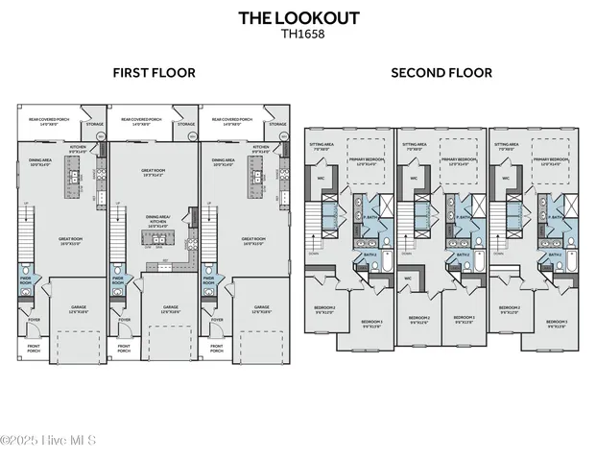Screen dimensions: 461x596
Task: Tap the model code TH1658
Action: click(x=298, y=33)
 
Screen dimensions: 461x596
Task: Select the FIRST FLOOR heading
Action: click(x=154, y=72)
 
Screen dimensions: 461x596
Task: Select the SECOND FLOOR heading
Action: click(x=441, y=72)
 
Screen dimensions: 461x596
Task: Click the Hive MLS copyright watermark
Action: click(x=47, y=440)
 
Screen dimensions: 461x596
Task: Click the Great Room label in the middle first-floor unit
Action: click(x=156, y=173)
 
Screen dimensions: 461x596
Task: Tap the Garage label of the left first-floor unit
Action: click(x=79, y=309)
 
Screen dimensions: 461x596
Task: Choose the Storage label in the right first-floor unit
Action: click(x=278, y=124)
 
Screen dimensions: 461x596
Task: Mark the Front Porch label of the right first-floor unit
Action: click(x=219, y=349)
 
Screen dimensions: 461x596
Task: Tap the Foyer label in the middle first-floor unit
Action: click(x=125, y=320)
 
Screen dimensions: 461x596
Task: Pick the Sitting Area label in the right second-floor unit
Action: click(x=506, y=147)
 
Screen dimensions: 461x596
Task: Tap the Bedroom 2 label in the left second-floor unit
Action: click(x=325, y=310)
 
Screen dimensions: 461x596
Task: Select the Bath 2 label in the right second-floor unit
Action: click(x=554, y=254)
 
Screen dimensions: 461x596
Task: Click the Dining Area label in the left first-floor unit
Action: click(x=40, y=161)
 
